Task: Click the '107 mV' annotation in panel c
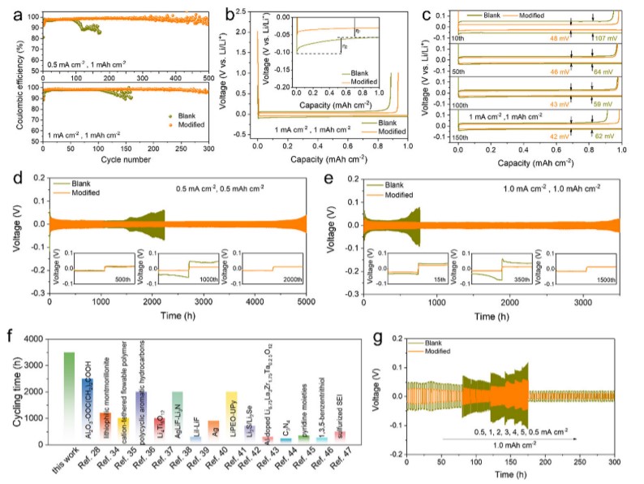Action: tap(603, 37)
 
